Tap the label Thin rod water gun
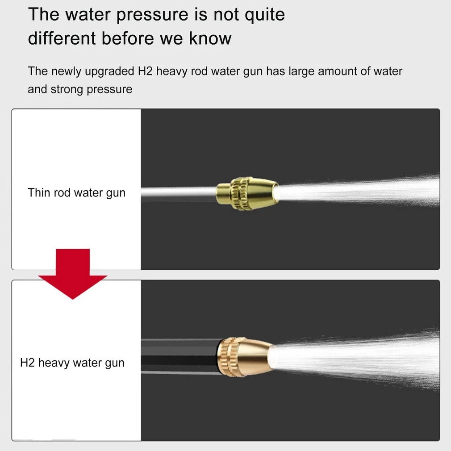coord(76,193)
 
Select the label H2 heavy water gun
coord(72,363)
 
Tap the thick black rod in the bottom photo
coord(179,356)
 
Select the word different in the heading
coord(62,38)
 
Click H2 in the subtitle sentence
coord(146,71)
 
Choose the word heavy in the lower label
coord(54,363)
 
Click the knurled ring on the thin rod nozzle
coord(237,193)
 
